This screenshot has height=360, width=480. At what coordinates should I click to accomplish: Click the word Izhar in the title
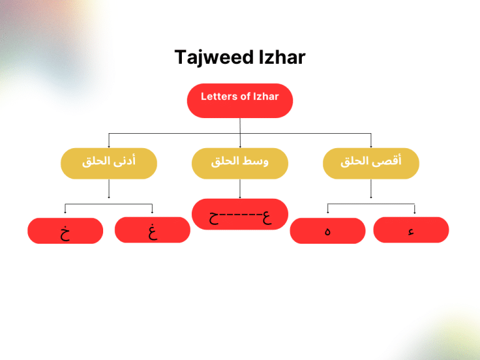(282, 57)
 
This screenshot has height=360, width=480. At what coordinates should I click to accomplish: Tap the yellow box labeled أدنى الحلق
(109, 163)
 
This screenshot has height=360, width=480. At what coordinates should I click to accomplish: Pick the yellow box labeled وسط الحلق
(240, 163)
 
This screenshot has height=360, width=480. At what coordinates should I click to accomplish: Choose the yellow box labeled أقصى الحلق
(371, 163)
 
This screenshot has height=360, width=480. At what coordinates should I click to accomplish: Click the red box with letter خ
(65, 231)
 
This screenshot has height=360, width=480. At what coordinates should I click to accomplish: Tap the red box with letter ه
(327, 231)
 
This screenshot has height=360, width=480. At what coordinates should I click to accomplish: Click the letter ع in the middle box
(267, 216)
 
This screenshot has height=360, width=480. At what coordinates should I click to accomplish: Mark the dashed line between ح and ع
(241, 217)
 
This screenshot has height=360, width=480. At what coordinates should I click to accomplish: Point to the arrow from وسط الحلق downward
(240, 189)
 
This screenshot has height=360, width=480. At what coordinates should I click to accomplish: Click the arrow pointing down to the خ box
(65, 210)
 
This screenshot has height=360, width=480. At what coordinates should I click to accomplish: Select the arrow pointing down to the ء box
(415, 209)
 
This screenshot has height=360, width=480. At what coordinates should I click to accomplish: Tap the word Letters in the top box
(217, 96)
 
